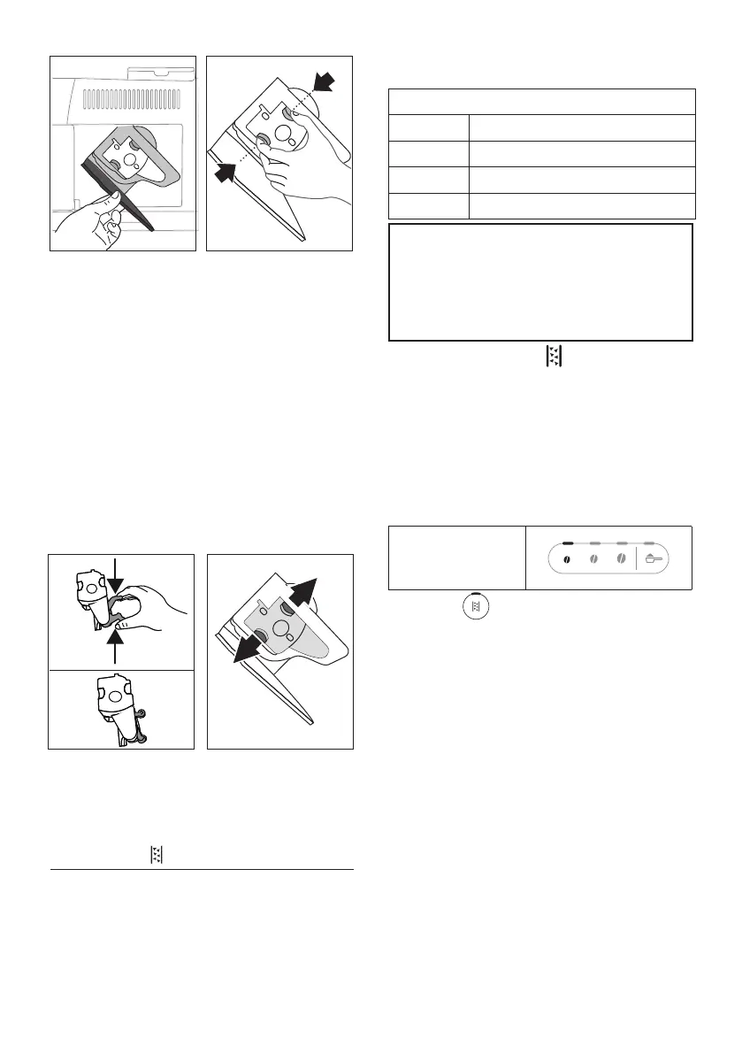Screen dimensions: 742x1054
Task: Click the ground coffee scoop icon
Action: point(655,559)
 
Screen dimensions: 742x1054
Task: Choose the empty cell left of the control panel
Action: point(457,558)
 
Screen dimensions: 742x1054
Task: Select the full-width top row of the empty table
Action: point(542,101)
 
